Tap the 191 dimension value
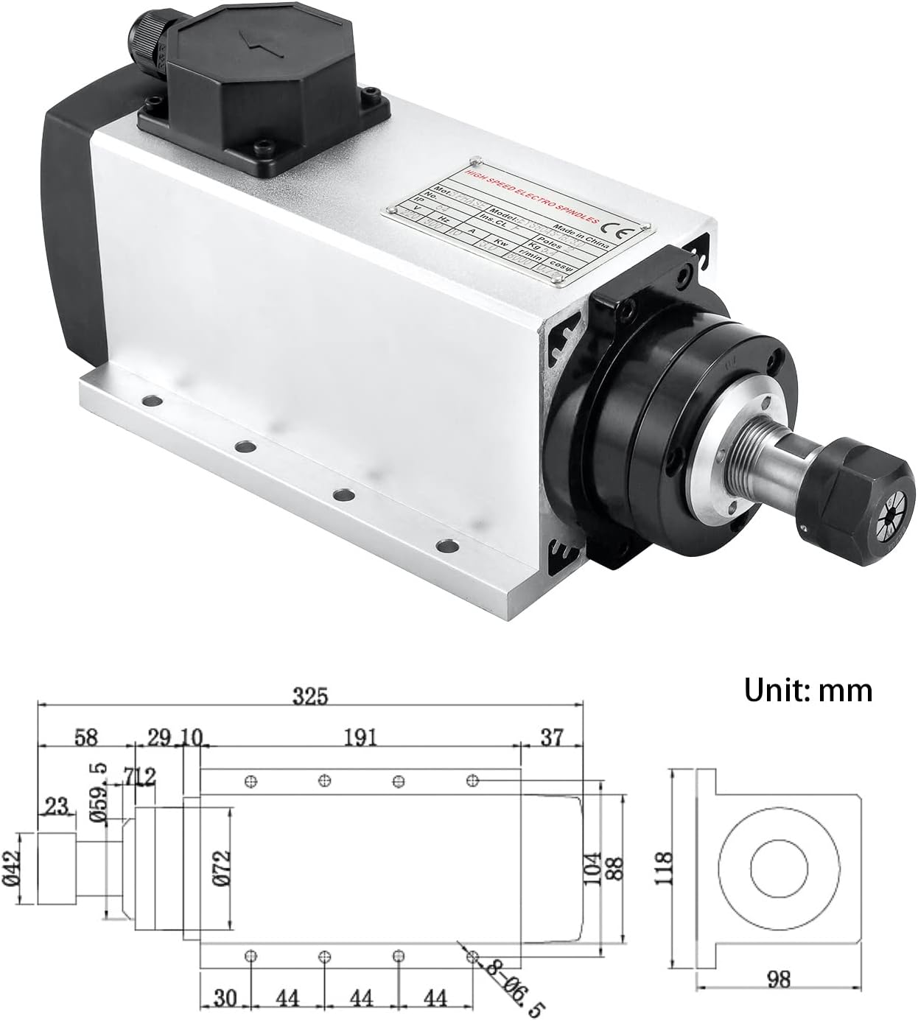(360, 737)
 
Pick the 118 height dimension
(665, 867)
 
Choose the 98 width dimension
(778, 1000)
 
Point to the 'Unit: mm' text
(807, 690)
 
